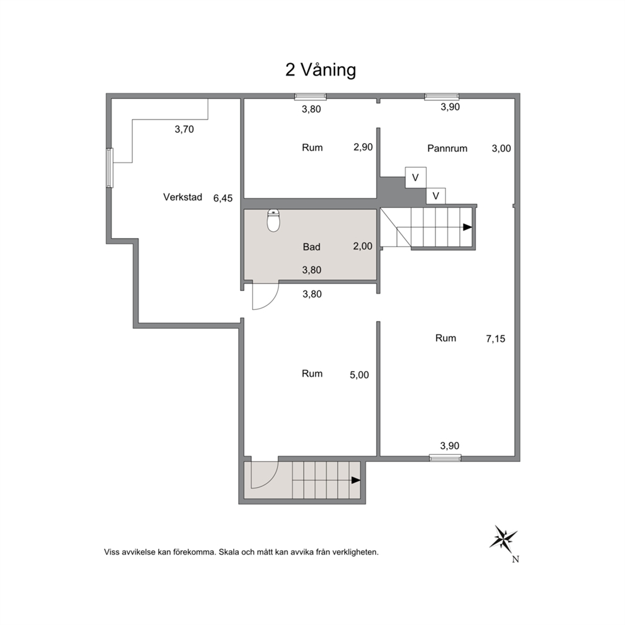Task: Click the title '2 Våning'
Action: [x=321, y=70]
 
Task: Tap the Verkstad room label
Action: [x=183, y=197]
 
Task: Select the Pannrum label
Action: [x=447, y=148]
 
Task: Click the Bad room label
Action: [x=311, y=247]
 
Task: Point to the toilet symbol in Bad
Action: [x=273, y=221]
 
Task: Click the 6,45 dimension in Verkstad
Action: [x=223, y=198]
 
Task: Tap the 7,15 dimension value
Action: [x=495, y=339]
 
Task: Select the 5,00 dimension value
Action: [x=359, y=375]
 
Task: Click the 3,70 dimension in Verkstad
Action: [x=184, y=129]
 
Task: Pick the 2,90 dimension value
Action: [x=363, y=147]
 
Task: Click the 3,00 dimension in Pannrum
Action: [x=501, y=148]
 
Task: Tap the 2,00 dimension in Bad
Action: [x=363, y=246]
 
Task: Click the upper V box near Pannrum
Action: [x=416, y=178]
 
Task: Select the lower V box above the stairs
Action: [x=435, y=196]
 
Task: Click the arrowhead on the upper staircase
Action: [x=467, y=227]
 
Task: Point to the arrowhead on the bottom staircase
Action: [x=356, y=480]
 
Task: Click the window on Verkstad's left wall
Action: [x=110, y=168]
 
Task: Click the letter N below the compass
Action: [x=515, y=559]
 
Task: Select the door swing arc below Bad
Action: [x=270, y=299]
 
